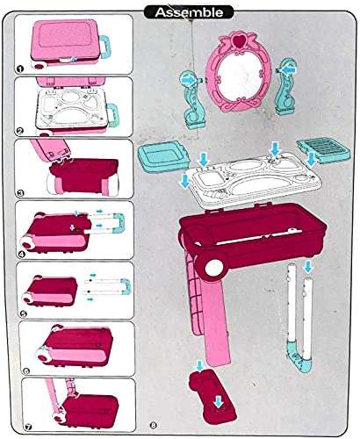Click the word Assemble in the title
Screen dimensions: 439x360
[x=181, y=12]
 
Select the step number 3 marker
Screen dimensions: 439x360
[x=19, y=191]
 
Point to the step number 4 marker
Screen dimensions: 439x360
[x=19, y=253]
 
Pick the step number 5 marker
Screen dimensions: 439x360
[x=19, y=313]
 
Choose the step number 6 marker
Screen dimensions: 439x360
[x=19, y=372]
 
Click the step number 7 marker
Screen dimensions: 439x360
[x=19, y=429]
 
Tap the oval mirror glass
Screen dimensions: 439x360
[x=233, y=76]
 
